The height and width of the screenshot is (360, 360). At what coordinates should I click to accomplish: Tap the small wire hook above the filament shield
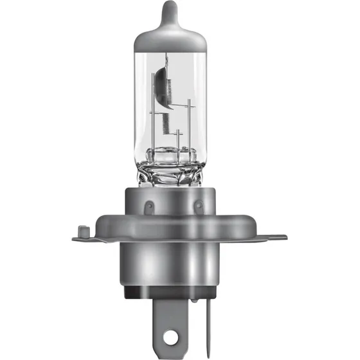(166, 61)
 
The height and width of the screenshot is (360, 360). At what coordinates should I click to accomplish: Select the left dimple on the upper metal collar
(147, 207)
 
